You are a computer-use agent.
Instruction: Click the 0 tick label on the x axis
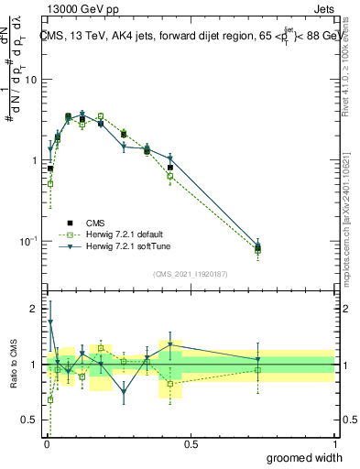pyautogui.click(x=46, y=443)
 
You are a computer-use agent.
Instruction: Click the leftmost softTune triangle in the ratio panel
pyautogui.click(x=50, y=322)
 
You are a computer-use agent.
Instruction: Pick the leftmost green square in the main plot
pyautogui.click(x=50, y=183)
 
